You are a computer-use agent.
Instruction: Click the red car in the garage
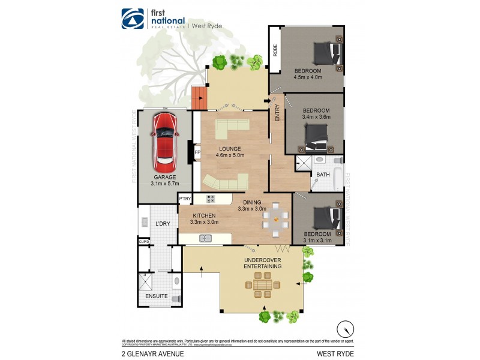click(x=165, y=141)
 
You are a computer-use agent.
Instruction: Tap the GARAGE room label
click(x=164, y=178)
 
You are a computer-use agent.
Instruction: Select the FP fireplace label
click(x=197, y=152)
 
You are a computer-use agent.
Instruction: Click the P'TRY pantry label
click(x=185, y=199)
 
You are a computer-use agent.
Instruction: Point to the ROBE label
click(x=275, y=50)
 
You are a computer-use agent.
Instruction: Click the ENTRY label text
click(x=277, y=114)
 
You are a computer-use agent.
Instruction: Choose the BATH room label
click(x=323, y=175)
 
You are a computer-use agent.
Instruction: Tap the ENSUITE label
click(x=157, y=296)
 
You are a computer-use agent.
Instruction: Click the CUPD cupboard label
click(x=144, y=242)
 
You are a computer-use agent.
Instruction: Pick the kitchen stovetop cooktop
click(x=211, y=199)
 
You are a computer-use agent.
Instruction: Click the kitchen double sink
click(x=205, y=239)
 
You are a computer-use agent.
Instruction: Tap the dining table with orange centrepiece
click(x=275, y=218)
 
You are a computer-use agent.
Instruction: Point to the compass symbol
click(x=344, y=329)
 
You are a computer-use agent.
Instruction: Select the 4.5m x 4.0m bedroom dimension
click(x=308, y=77)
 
